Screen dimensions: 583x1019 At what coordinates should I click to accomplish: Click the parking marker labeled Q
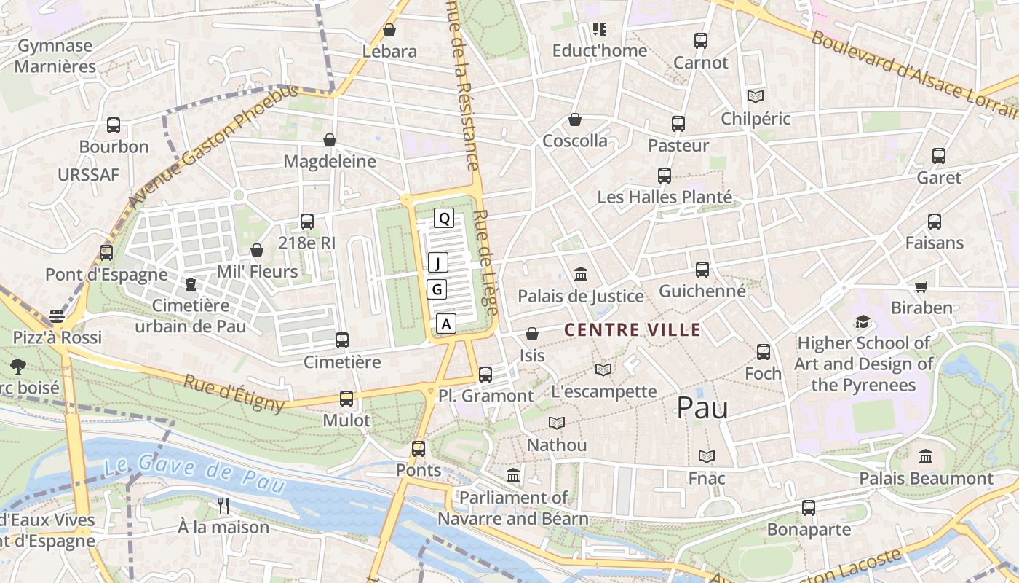click(x=444, y=217)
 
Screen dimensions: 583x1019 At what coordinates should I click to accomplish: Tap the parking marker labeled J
click(x=437, y=262)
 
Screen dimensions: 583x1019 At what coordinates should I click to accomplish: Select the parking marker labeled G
click(x=437, y=289)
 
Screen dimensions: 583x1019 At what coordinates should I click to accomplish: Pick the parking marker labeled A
click(x=446, y=324)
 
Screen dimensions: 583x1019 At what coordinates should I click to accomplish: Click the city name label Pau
click(x=702, y=408)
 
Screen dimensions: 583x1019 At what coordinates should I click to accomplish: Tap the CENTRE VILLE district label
click(x=633, y=330)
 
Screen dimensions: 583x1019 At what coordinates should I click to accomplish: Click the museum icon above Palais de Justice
click(x=581, y=275)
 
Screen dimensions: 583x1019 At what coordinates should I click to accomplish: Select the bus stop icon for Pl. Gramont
click(x=485, y=375)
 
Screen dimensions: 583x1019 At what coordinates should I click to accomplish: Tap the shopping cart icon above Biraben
click(x=921, y=286)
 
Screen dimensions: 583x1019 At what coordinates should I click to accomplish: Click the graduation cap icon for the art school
click(x=863, y=321)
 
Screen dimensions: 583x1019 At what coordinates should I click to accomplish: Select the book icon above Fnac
click(x=707, y=457)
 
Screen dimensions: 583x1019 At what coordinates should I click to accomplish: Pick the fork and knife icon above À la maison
click(x=223, y=505)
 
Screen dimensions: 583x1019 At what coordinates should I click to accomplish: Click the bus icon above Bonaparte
click(x=809, y=508)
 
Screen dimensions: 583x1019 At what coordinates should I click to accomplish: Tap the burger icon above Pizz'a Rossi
click(x=57, y=316)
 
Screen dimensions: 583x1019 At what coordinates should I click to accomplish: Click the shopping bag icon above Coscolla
click(x=575, y=120)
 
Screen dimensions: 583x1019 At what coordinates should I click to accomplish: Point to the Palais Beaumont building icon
click(x=926, y=457)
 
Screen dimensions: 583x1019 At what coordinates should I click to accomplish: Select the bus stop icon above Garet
click(x=939, y=156)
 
